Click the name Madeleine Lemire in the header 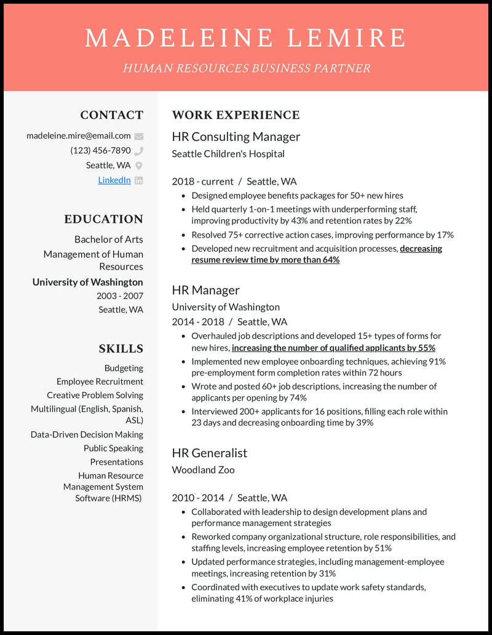(x=245, y=38)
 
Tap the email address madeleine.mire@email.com (x=79, y=135)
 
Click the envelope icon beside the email (x=138, y=136)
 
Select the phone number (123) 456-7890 (x=100, y=150)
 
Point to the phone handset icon (x=138, y=151)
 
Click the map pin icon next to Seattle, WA (x=138, y=166)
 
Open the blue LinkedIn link (x=114, y=180)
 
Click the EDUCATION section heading (x=103, y=219)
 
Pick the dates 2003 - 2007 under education (x=119, y=295)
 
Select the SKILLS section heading (x=121, y=348)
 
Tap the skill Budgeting (x=124, y=368)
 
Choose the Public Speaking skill (x=113, y=448)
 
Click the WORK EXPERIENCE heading (x=236, y=115)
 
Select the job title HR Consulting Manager (x=236, y=137)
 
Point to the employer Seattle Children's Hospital (x=228, y=153)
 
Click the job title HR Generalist (x=210, y=453)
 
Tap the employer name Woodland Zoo (x=203, y=469)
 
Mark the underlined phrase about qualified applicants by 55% (x=333, y=348)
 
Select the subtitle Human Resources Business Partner (x=246, y=68)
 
